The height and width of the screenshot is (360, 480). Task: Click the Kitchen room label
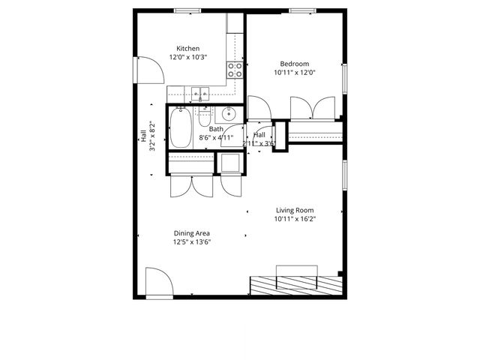(x=187, y=48)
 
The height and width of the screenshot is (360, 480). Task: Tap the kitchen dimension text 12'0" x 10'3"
(x=187, y=57)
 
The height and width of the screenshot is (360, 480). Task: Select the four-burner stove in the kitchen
(x=235, y=70)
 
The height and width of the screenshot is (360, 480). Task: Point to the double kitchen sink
(x=199, y=94)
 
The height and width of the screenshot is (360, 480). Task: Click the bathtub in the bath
(x=181, y=127)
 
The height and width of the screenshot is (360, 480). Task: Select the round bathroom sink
(x=229, y=115)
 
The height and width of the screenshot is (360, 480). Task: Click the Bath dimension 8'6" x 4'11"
(x=216, y=137)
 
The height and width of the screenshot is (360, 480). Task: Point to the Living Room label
(x=295, y=210)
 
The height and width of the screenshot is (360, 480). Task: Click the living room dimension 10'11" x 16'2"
(x=295, y=219)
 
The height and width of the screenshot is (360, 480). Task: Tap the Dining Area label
(x=191, y=233)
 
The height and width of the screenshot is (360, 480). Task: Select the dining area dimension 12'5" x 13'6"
(x=191, y=242)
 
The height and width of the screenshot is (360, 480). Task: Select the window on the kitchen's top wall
(x=187, y=10)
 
